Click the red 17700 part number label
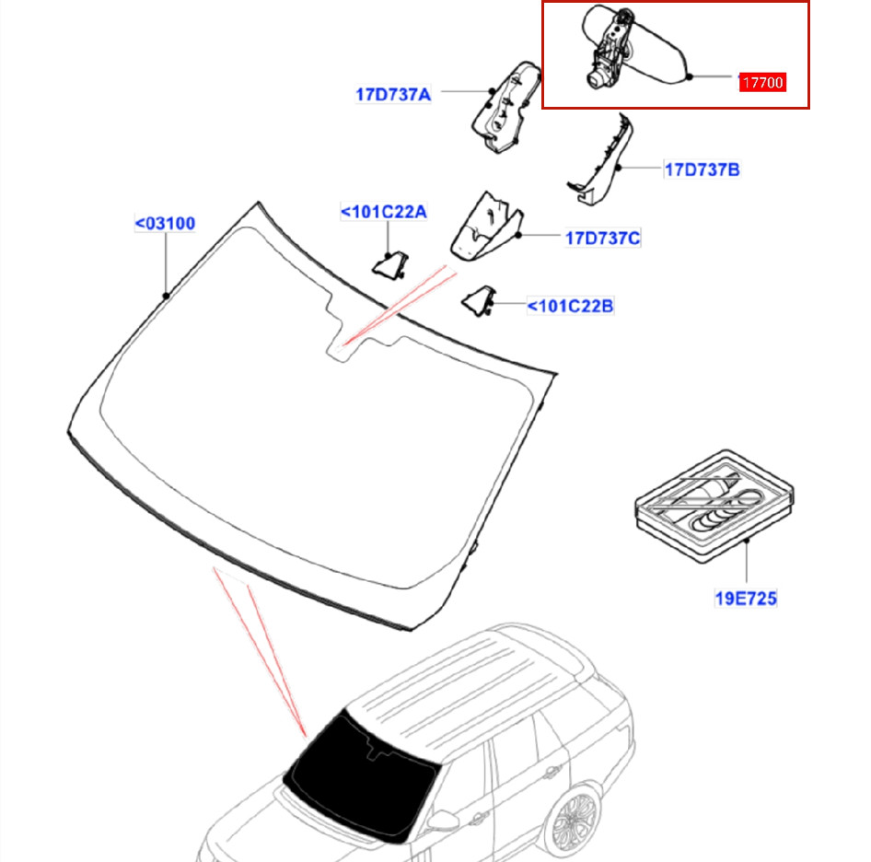762,82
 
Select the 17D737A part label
393,95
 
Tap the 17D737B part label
703,169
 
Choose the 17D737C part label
603,238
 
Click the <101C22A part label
383,212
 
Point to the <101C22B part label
570,306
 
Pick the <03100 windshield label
165,224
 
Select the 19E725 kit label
746,599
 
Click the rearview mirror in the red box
633,49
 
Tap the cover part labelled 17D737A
505,107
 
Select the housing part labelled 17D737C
487,227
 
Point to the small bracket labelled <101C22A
390,265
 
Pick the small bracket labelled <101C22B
478,301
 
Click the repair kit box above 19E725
714,506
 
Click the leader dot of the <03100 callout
166,296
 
